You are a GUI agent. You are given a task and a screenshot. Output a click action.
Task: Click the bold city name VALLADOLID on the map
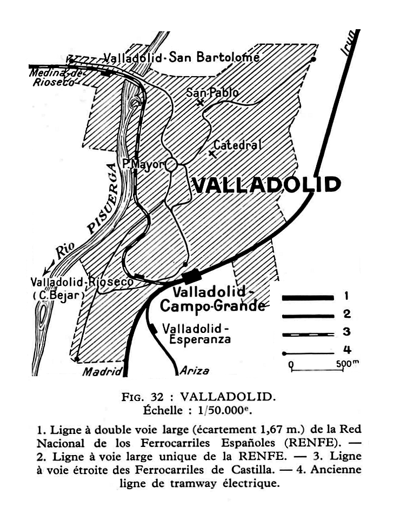(x=266, y=185)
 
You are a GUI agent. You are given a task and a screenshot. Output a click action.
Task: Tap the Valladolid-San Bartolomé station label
(x=182, y=58)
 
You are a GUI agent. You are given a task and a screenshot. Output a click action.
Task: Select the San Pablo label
(x=212, y=92)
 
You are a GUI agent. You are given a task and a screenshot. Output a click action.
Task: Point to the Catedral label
(x=237, y=145)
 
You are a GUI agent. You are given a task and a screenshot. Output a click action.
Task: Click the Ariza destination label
(x=195, y=371)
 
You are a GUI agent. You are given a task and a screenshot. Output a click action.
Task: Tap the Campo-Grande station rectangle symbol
(x=191, y=277)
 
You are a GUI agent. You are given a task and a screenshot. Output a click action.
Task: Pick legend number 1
(x=346, y=297)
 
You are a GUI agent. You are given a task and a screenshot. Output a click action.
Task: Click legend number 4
(x=347, y=350)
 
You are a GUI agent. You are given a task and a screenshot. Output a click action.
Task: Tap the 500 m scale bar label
(x=348, y=363)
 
